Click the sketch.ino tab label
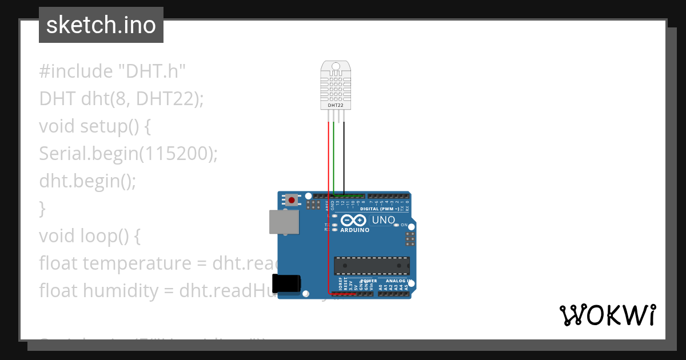101,25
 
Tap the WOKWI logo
607,315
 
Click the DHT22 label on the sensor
336,105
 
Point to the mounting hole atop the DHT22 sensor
336,66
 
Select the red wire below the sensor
329,154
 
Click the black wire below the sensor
344,154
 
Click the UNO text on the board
383,220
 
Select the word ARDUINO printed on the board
354,230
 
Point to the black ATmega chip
372,266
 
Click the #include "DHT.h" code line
113,71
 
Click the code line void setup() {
95,126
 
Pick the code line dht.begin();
88,181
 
